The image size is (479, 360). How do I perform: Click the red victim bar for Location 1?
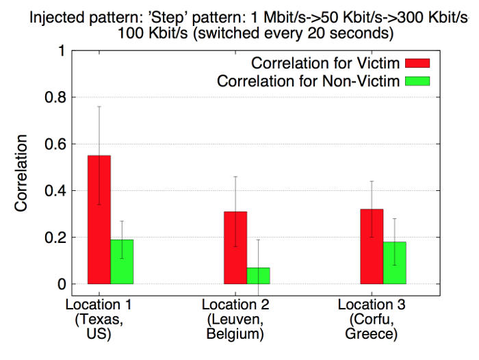tap(99, 219)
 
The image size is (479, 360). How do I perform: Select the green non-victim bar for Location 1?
tap(122, 261)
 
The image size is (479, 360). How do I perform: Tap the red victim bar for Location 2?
tap(235, 247)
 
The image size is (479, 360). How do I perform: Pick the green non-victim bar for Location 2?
tap(258, 275)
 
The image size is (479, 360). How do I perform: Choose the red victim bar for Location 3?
tap(372, 246)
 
